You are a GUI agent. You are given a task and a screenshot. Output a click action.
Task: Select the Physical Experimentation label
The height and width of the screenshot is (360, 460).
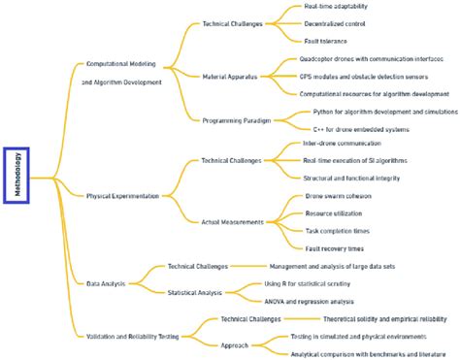(x=122, y=196)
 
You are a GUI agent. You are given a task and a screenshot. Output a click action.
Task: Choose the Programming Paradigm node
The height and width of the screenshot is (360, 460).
(x=236, y=120)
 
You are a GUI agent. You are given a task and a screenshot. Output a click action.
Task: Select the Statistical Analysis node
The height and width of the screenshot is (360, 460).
(x=195, y=292)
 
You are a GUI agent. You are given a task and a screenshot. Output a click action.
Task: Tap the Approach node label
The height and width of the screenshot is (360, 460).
(x=234, y=344)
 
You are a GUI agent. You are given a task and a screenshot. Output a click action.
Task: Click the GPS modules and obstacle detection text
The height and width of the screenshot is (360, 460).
(x=360, y=76)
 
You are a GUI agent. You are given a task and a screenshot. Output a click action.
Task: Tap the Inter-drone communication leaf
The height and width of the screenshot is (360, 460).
(x=341, y=143)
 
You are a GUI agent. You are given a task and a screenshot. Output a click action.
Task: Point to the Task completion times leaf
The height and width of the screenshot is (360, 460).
(x=337, y=230)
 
